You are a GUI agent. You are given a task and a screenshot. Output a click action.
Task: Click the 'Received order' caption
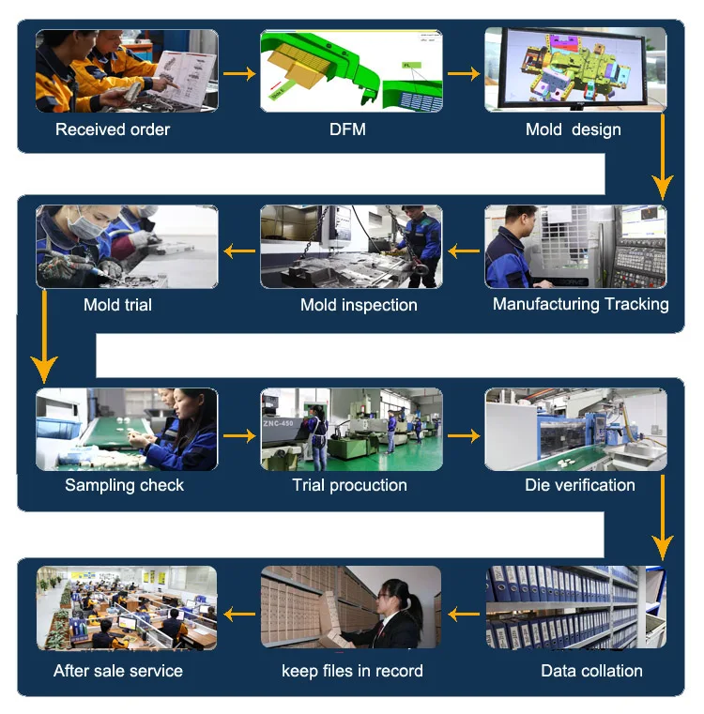113,129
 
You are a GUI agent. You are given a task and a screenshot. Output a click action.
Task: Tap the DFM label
347,129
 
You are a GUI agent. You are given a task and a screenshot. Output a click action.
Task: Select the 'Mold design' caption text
573,129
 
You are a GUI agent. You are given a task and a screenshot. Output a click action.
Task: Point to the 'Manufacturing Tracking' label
580,304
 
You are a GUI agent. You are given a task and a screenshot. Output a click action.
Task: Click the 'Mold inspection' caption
359,305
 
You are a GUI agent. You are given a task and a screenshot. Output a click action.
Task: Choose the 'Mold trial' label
117,305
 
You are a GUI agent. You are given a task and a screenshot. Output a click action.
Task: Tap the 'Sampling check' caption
124,485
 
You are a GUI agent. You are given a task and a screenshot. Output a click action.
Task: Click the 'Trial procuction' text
349,485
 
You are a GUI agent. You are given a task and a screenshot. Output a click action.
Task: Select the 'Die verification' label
579,485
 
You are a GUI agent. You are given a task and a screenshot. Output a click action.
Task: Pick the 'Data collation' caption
591,671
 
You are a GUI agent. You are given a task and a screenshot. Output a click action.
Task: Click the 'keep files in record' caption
352,671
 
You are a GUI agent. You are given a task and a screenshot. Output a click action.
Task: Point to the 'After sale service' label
118,671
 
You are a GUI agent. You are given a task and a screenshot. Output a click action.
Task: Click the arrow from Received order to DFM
239,73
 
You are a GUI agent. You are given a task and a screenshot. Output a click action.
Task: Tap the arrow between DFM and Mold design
464,73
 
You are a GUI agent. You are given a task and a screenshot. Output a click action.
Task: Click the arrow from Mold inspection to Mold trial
239,251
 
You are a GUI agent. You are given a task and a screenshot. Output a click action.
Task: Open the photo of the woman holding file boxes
351,607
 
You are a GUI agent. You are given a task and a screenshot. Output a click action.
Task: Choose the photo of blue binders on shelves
575,607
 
